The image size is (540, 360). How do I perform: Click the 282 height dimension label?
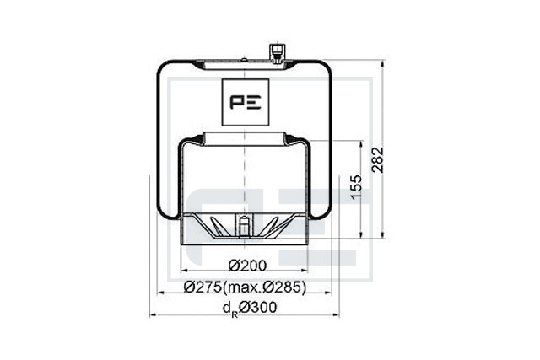[378, 159]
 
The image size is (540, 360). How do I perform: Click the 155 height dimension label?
[356, 187]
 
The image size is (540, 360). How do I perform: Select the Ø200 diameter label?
[247, 266]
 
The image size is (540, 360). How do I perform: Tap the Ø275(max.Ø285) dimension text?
[245, 287]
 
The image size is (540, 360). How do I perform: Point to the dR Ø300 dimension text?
[250, 308]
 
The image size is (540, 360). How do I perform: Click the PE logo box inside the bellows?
[246, 102]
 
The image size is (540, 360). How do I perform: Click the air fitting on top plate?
[277, 53]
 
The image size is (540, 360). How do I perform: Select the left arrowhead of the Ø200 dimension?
[184, 271]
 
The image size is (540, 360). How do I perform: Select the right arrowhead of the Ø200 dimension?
[304, 271]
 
